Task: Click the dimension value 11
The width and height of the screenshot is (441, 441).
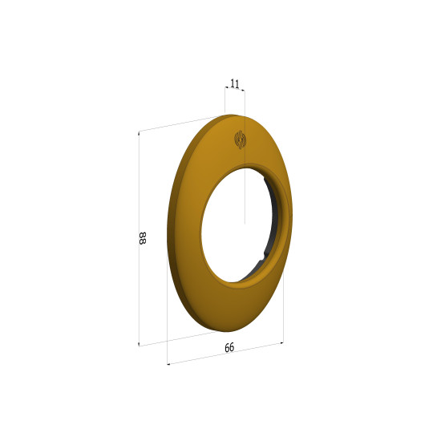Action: tap(235, 83)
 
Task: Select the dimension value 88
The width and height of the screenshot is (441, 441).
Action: tap(142, 238)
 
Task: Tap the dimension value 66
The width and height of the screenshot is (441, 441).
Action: tap(229, 348)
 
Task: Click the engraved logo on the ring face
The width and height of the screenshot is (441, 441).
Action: tap(241, 140)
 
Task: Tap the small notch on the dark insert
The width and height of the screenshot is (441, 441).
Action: tap(262, 257)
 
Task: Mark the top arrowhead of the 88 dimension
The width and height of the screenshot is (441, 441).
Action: tap(139, 133)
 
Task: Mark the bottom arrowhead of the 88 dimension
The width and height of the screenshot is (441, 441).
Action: tap(139, 344)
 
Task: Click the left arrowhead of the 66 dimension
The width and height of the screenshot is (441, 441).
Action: tap(168, 364)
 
